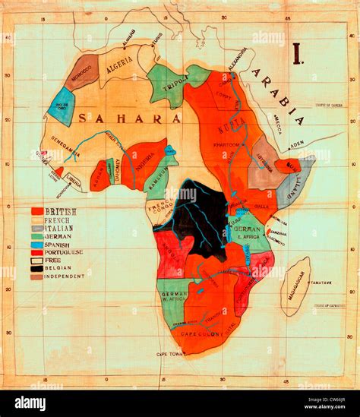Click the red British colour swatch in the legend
coord(36,211)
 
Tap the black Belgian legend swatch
coord(36,268)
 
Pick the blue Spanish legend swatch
coord(36,244)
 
